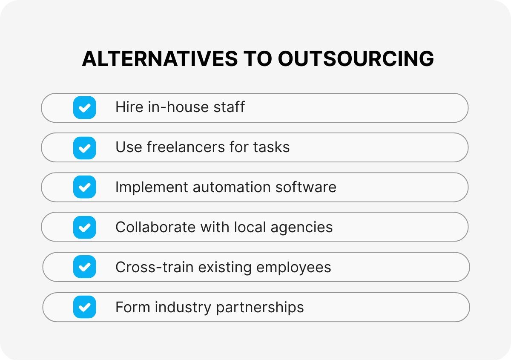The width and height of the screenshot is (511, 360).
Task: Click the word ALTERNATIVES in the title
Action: (160, 59)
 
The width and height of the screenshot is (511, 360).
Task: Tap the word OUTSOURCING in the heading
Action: (356, 59)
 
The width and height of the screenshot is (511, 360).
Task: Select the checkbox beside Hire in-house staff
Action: (84, 107)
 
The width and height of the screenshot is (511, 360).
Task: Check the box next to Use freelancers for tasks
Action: (84, 147)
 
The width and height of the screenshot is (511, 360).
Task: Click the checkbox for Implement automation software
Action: (84, 187)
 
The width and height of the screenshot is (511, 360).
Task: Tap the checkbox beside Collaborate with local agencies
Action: (84, 227)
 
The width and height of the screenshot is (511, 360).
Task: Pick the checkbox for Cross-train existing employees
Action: (84, 267)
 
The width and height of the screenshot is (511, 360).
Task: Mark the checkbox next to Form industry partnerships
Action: (84, 307)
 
